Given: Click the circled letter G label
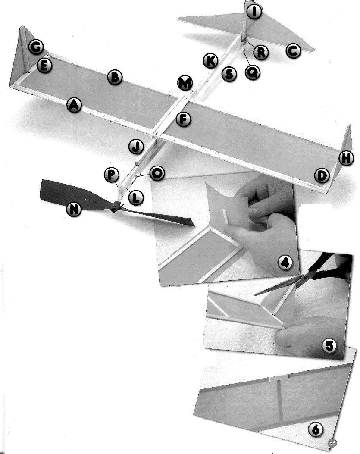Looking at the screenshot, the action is tap(36, 47).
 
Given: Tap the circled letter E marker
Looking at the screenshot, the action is tap(44, 66).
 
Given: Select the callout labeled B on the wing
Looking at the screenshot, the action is tap(115, 77).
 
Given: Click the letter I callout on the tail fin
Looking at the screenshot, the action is tap(254, 11).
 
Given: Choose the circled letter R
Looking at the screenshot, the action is tap(261, 53).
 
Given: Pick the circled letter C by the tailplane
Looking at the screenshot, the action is tap(293, 51).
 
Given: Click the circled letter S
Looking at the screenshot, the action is tap(229, 74).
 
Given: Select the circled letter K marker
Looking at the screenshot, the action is tap(210, 61).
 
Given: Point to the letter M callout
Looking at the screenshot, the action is tap(185, 83).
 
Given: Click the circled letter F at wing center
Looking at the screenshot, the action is tap(183, 119).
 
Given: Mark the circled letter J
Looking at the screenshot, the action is tap(136, 147).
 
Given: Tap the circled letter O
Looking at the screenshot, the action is tap(157, 173).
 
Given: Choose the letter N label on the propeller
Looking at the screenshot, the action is tap(74, 209).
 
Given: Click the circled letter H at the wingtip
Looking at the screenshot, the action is tap(346, 158).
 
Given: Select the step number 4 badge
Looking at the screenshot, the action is tap(285, 262).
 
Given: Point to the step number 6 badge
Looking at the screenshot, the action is tap(316, 429).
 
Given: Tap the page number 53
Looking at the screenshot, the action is tap(332, 443).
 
